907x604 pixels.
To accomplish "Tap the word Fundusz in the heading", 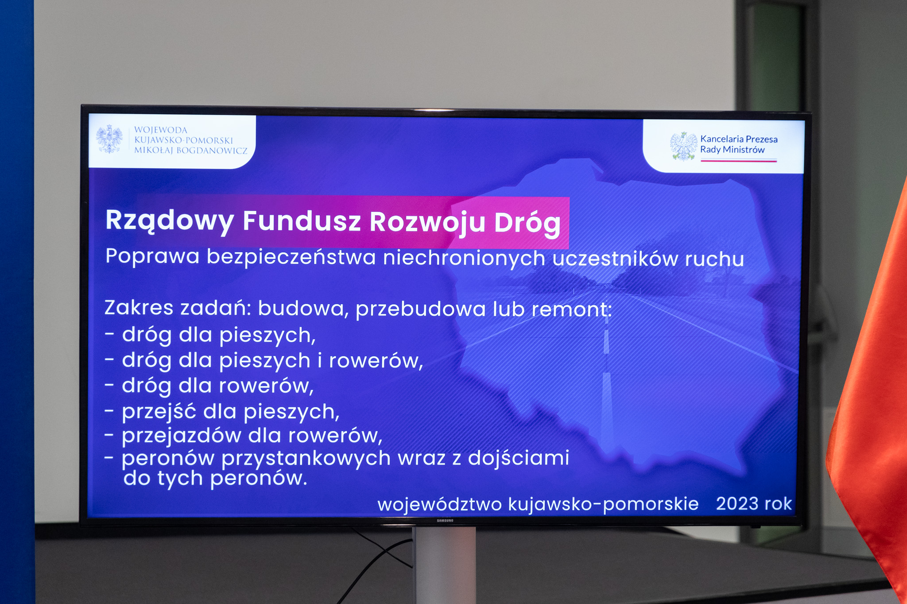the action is coord(302,221).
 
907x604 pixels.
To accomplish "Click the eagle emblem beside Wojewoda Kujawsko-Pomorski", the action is coord(109,139).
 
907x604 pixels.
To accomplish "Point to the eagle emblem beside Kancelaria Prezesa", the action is coord(683,146).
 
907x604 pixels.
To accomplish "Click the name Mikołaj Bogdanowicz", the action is coord(191,150).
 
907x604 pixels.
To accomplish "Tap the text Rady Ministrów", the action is coord(733,150).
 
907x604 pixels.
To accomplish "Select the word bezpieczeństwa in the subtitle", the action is coord(291,258).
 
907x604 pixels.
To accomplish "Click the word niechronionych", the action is coord(464,258).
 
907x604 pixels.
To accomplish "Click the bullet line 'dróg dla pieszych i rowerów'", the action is coord(264,361).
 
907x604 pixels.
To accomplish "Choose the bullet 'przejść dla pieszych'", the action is coord(222,412).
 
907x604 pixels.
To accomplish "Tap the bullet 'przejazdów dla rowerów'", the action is coord(244,436).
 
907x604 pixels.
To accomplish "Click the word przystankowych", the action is coord(306,458).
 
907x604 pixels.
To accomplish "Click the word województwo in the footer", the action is coord(439,504).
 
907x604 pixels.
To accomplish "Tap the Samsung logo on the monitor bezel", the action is coord(445,520).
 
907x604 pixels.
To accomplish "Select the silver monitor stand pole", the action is coord(444,566).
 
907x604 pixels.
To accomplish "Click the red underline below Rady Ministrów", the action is coord(738,161).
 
